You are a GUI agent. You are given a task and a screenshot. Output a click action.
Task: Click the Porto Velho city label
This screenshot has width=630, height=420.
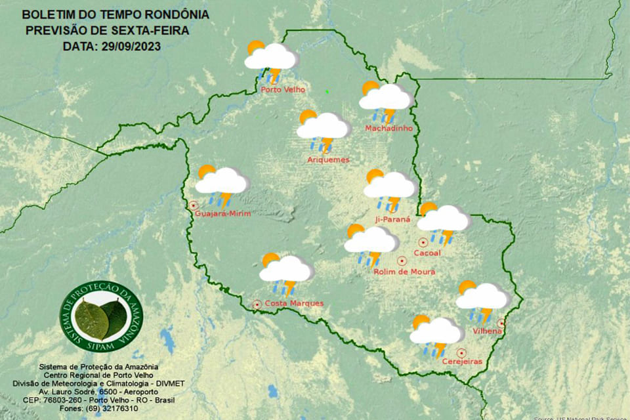283,90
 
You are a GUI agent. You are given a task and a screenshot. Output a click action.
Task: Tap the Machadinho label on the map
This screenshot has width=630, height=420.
388,128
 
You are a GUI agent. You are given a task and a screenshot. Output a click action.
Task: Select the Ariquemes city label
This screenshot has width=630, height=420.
328,159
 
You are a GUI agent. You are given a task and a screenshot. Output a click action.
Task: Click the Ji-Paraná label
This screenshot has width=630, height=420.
392,219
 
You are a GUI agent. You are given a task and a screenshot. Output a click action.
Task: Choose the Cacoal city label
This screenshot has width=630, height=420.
427,253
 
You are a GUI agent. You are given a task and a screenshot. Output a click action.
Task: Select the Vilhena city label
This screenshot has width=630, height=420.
487,331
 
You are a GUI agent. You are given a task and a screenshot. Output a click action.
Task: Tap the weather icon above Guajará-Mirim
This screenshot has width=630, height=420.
221,183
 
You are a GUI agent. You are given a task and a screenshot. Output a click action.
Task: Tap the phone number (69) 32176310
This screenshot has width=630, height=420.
112,408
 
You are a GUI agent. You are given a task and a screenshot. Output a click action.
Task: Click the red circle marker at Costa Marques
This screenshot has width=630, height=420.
257,304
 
